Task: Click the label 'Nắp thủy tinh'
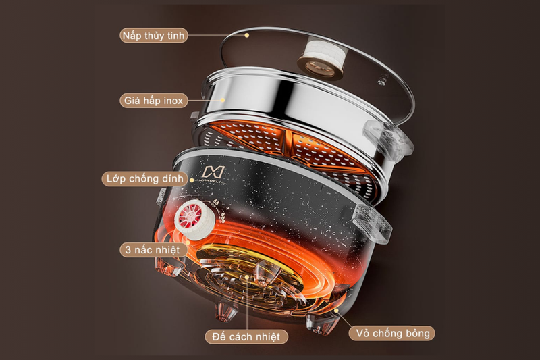pos(154,36)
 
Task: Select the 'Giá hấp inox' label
pos(154,101)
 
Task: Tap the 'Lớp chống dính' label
pos(144,179)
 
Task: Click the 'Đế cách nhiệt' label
pos(246,336)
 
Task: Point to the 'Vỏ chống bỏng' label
pos(393,333)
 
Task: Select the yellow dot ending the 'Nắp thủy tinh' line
pos(246,35)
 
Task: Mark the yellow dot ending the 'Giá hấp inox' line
pos(223,100)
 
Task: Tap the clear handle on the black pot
pos(374,224)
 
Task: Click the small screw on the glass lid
pos(381,82)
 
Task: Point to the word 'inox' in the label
pos(173,101)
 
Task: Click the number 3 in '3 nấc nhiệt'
pos(128,250)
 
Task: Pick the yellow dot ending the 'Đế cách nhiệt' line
pos(247,277)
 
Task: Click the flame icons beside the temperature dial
pos(221,210)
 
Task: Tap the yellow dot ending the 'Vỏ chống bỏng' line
pos(336,310)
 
